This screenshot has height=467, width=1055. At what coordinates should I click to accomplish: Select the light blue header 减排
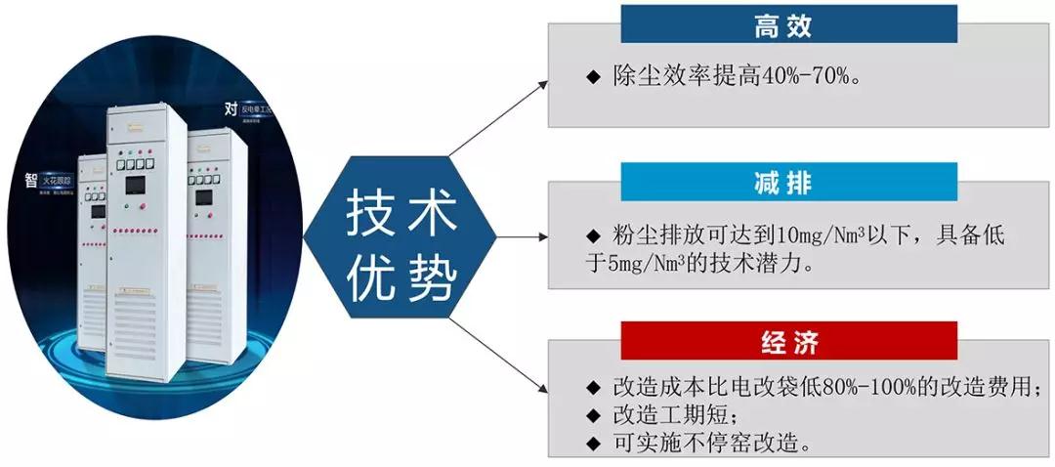coord(788,183)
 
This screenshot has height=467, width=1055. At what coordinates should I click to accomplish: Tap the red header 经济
coord(788,343)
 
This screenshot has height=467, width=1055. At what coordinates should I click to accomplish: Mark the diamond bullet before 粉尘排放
coord(591,235)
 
